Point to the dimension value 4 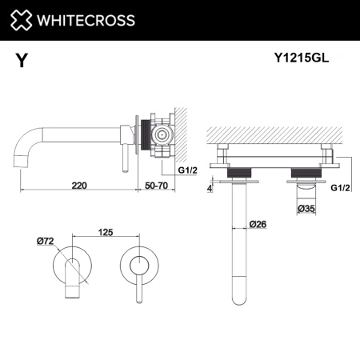click(x=210, y=190)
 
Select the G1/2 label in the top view click(x=340, y=188)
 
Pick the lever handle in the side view click(x=125, y=156)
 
